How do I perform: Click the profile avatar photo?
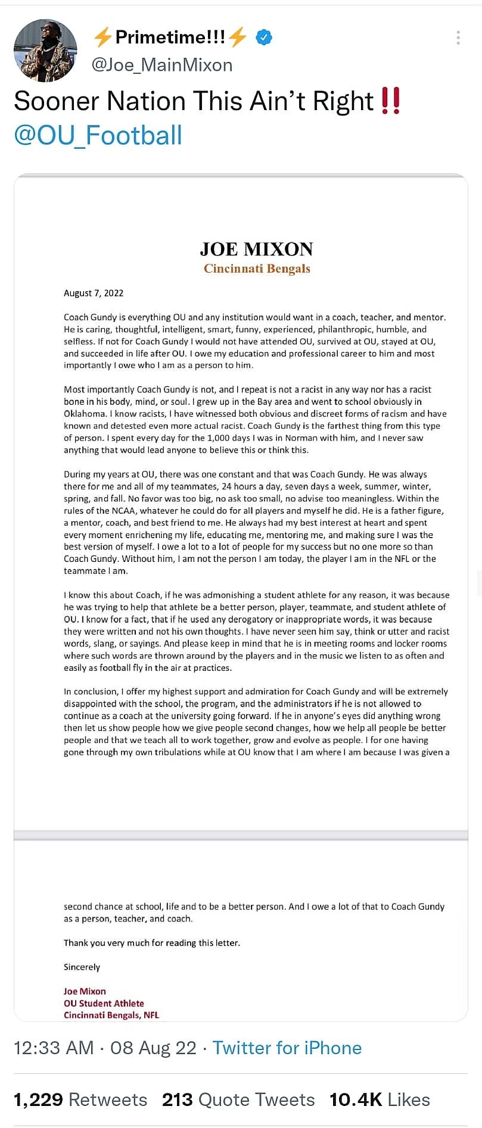tap(45, 50)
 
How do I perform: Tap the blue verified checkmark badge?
tap(264, 38)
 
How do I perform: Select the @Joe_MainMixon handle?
tap(161, 64)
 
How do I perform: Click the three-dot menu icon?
tap(458, 38)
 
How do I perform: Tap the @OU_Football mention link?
tap(98, 135)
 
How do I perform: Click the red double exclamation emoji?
tap(390, 101)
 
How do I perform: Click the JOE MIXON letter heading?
tap(256, 249)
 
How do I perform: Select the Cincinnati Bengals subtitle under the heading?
tap(257, 268)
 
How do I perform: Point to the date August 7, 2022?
tap(94, 293)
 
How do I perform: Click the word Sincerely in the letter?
tap(82, 967)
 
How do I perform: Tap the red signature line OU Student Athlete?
tap(104, 1003)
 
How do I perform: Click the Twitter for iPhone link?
tap(287, 1048)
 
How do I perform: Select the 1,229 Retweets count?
tap(80, 1099)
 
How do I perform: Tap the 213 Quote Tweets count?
tap(238, 1099)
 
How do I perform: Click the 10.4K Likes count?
tap(380, 1099)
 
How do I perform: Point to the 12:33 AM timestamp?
tap(54, 1048)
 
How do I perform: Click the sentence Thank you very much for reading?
tap(152, 943)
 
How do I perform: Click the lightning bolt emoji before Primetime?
tap(103, 38)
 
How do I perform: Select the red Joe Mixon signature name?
tap(85, 991)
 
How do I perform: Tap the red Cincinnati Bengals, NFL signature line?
tap(111, 1015)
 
